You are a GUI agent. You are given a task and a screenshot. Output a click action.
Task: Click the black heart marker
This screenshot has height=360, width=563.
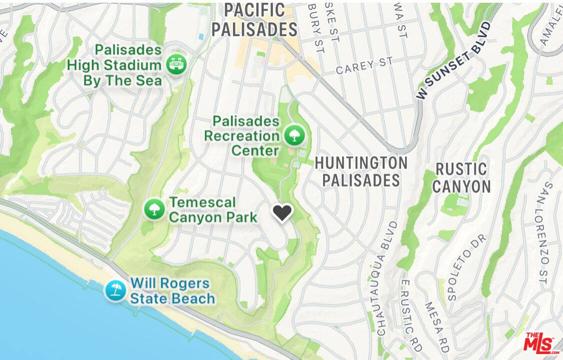pyautogui.click(x=282, y=213)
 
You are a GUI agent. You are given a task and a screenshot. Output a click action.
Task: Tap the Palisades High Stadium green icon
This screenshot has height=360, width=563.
pyautogui.click(x=176, y=64)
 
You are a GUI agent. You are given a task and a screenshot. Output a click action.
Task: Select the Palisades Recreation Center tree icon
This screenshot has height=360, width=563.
pyautogui.click(x=293, y=134)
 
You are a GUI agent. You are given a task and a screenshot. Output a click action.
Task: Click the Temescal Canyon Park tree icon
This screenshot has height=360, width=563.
pyautogui.click(x=154, y=209)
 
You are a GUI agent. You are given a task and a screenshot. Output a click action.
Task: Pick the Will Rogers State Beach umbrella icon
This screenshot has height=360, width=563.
pyautogui.click(x=115, y=290)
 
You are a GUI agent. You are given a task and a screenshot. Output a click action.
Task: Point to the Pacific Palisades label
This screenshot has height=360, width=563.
pyautogui.click(x=254, y=20)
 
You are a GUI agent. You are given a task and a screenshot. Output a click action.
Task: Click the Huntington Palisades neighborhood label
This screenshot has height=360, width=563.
pyautogui.click(x=361, y=171)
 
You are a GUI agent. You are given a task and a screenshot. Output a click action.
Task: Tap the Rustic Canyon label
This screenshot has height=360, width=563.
pyautogui.click(x=461, y=177)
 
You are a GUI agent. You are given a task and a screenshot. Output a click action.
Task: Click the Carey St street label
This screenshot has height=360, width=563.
pyautogui.click(x=364, y=66)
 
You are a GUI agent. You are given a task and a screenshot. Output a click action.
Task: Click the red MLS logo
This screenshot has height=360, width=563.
pyautogui.click(x=541, y=343)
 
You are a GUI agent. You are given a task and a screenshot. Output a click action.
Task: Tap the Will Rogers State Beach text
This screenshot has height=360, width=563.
pyautogui.click(x=172, y=291)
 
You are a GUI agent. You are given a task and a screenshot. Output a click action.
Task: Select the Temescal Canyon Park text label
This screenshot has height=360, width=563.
pyautogui.click(x=213, y=209)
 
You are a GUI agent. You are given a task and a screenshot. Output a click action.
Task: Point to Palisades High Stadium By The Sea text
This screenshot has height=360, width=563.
pyautogui.click(x=115, y=65)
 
